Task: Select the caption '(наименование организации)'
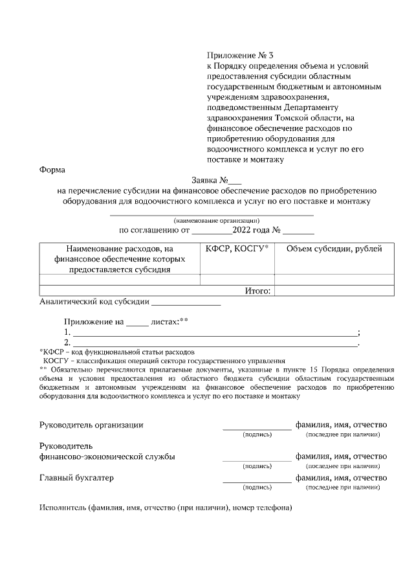click(x=212, y=220)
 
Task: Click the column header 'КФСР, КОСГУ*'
click(x=237, y=249)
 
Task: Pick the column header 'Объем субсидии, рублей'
click(x=334, y=249)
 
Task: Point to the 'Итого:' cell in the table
click(x=257, y=291)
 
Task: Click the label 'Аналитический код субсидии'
click(x=94, y=301)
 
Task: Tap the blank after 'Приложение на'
click(x=136, y=321)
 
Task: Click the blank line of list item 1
click(x=214, y=332)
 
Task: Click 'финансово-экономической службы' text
click(x=107, y=456)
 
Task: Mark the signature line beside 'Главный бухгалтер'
click(x=257, y=481)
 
